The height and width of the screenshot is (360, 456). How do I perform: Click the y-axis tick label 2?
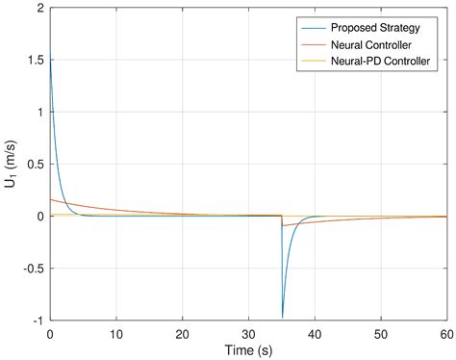click(x=38, y=9)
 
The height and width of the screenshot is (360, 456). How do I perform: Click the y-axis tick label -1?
click(x=36, y=321)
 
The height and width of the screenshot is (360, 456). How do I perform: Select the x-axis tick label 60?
click(x=444, y=335)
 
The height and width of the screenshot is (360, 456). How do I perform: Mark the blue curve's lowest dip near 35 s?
click(x=282, y=317)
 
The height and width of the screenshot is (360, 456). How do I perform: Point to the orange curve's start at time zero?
click(x=50, y=199)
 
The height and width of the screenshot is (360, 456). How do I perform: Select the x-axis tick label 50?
click(x=379, y=335)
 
